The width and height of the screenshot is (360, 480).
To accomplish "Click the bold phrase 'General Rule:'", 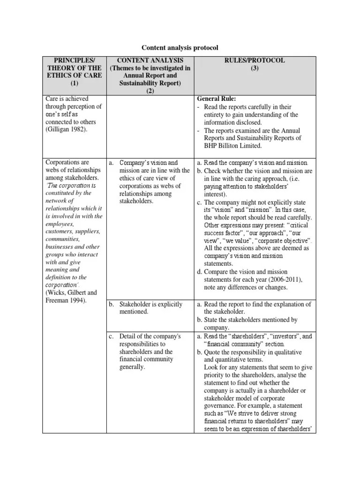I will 217,99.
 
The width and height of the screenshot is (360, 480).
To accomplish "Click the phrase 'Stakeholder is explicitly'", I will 151,304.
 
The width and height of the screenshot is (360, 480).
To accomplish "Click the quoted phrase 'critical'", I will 296,225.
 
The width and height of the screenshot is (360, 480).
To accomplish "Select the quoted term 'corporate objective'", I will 284,240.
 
